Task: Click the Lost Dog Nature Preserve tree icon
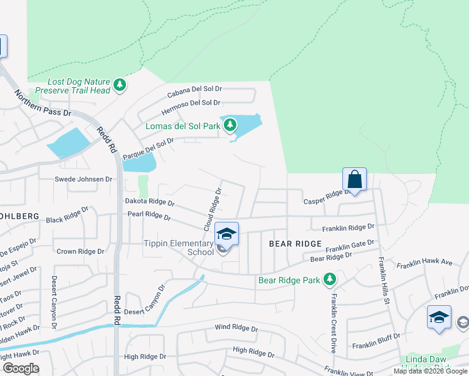[x=119, y=85]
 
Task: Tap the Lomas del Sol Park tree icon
[x=230, y=125]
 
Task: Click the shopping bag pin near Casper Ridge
[x=354, y=180]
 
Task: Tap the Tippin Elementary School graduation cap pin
[x=226, y=235]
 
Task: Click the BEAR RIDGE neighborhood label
[x=295, y=243]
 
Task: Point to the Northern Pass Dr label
[x=43, y=105]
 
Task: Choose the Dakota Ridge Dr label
[x=149, y=203]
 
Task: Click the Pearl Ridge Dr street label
[x=149, y=216]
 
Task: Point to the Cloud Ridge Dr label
[x=212, y=209]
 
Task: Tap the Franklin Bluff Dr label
[x=376, y=345]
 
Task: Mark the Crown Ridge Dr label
[x=80, y=251]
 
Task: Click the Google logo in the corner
[x=21, y=368]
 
